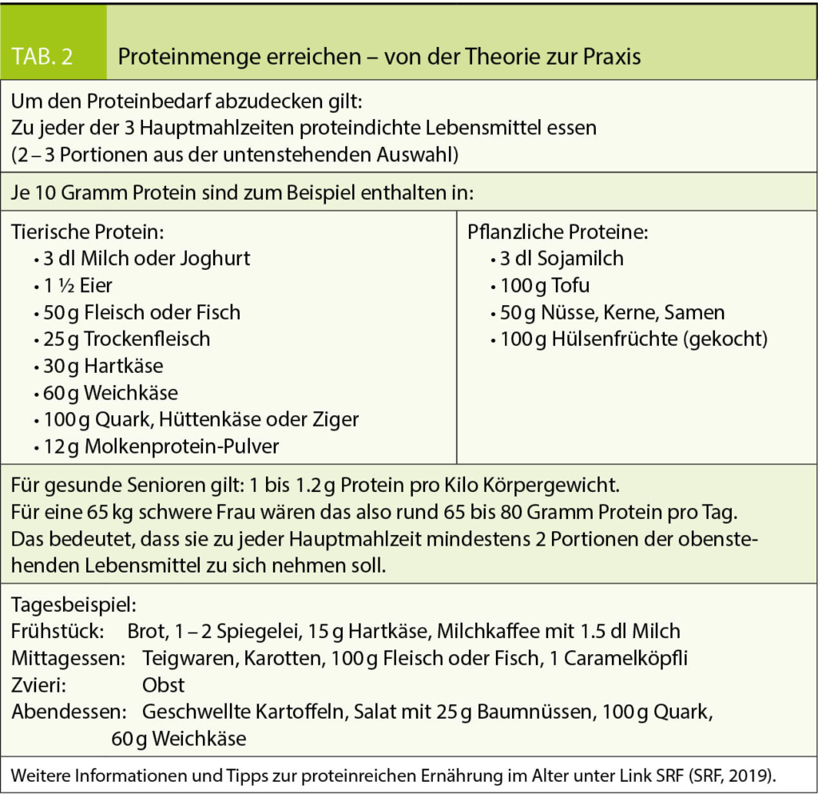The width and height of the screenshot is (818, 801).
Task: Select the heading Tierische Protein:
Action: coord(88,232)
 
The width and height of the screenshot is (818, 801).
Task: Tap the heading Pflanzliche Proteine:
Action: coord(557,232)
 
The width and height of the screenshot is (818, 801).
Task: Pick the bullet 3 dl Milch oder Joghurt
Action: coord(142,259)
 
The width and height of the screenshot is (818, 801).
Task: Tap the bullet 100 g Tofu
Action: coord(539,286)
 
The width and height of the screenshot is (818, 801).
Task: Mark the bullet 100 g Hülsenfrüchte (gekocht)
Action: coord(629,339)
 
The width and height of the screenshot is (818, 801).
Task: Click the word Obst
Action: coord(163,685)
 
